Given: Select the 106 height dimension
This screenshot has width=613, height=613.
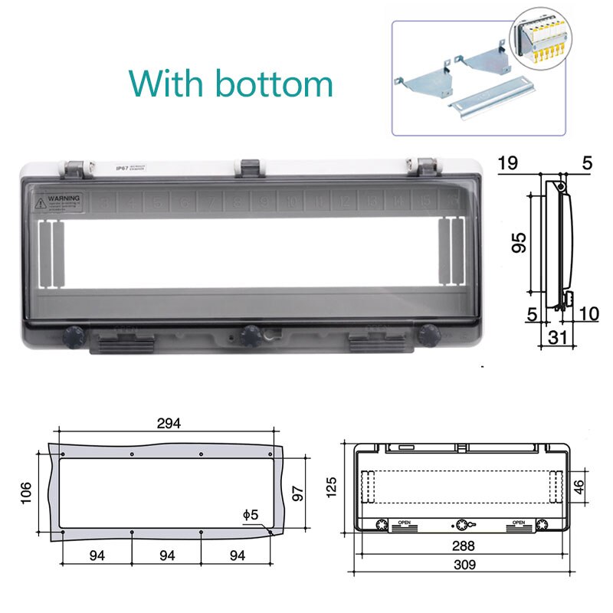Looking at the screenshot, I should click(x=26, y=490).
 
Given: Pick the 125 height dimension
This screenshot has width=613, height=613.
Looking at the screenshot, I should click(x=332, y=485).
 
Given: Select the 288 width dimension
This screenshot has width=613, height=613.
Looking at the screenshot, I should click(x=462, y=546).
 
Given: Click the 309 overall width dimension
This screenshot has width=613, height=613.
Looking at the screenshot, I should click(x=462, y=565).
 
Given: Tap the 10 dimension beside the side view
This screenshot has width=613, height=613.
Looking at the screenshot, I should click(x=588, y=313).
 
